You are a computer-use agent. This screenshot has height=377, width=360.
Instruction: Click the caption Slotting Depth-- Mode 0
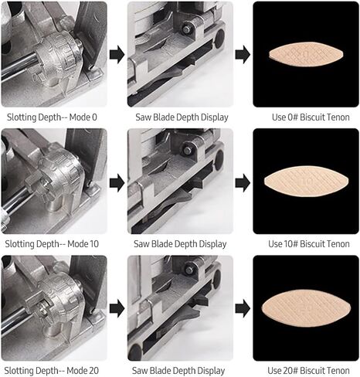(54, 117)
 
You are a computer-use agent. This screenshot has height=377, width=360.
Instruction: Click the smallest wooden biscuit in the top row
(307, 54)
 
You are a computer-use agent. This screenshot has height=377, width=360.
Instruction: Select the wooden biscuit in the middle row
(307, 181)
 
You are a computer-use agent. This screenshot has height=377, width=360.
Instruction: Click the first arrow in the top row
(117, 55)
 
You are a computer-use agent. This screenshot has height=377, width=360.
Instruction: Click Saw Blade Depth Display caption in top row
(180, 117)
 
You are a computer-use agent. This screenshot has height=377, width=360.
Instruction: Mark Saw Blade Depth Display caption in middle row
(180, 243)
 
